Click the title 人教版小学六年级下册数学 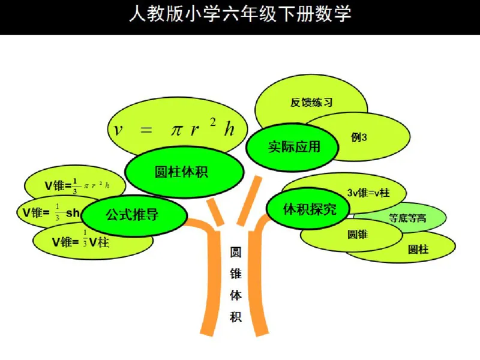(240, 15)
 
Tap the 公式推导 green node (132, 214)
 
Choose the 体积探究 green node (310, 209)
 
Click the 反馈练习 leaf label (311, 102)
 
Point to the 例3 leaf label (359, 137)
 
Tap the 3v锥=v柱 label (368, 193)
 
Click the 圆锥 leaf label (357, 234)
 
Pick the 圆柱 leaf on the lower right (418, 249)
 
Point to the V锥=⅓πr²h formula (77, 185)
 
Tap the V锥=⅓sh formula (51, 212)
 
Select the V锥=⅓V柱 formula (80, 242)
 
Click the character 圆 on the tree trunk (236, 253)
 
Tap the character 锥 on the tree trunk (236, 274)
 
